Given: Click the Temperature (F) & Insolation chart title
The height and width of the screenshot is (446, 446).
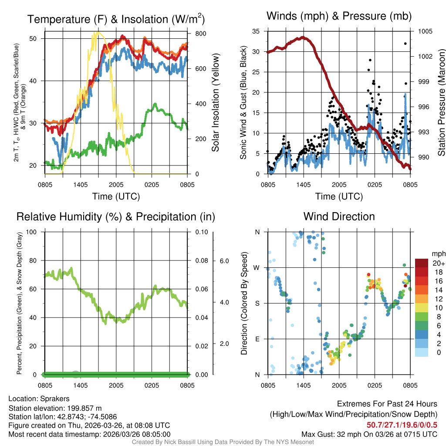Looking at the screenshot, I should click(x=116, y=19).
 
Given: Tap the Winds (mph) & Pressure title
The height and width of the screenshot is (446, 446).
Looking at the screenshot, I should click(x=339, y=16).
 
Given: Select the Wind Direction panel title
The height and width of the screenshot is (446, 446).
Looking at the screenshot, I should click(x=339, y=216).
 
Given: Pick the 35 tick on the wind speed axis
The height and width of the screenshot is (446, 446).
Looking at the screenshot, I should click(x=256, y=31).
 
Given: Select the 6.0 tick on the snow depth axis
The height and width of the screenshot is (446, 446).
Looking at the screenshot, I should click(x=223, y=261).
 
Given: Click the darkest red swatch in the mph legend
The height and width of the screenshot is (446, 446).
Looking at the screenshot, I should click(x=422, y=263).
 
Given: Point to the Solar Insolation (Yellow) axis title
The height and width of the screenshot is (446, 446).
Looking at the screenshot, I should click(x=215, y=102).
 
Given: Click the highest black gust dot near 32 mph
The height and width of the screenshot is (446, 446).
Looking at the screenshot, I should click(x=405, y=44).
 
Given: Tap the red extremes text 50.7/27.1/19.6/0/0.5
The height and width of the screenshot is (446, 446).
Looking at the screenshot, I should click(x=402, y=425).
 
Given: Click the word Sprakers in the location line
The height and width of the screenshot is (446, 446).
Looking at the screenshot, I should click(x=55, y=399).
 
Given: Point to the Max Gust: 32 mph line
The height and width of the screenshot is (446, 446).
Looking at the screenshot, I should click(x=369, y=434).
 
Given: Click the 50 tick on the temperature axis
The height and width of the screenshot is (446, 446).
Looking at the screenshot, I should click(x=37, y=38).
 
